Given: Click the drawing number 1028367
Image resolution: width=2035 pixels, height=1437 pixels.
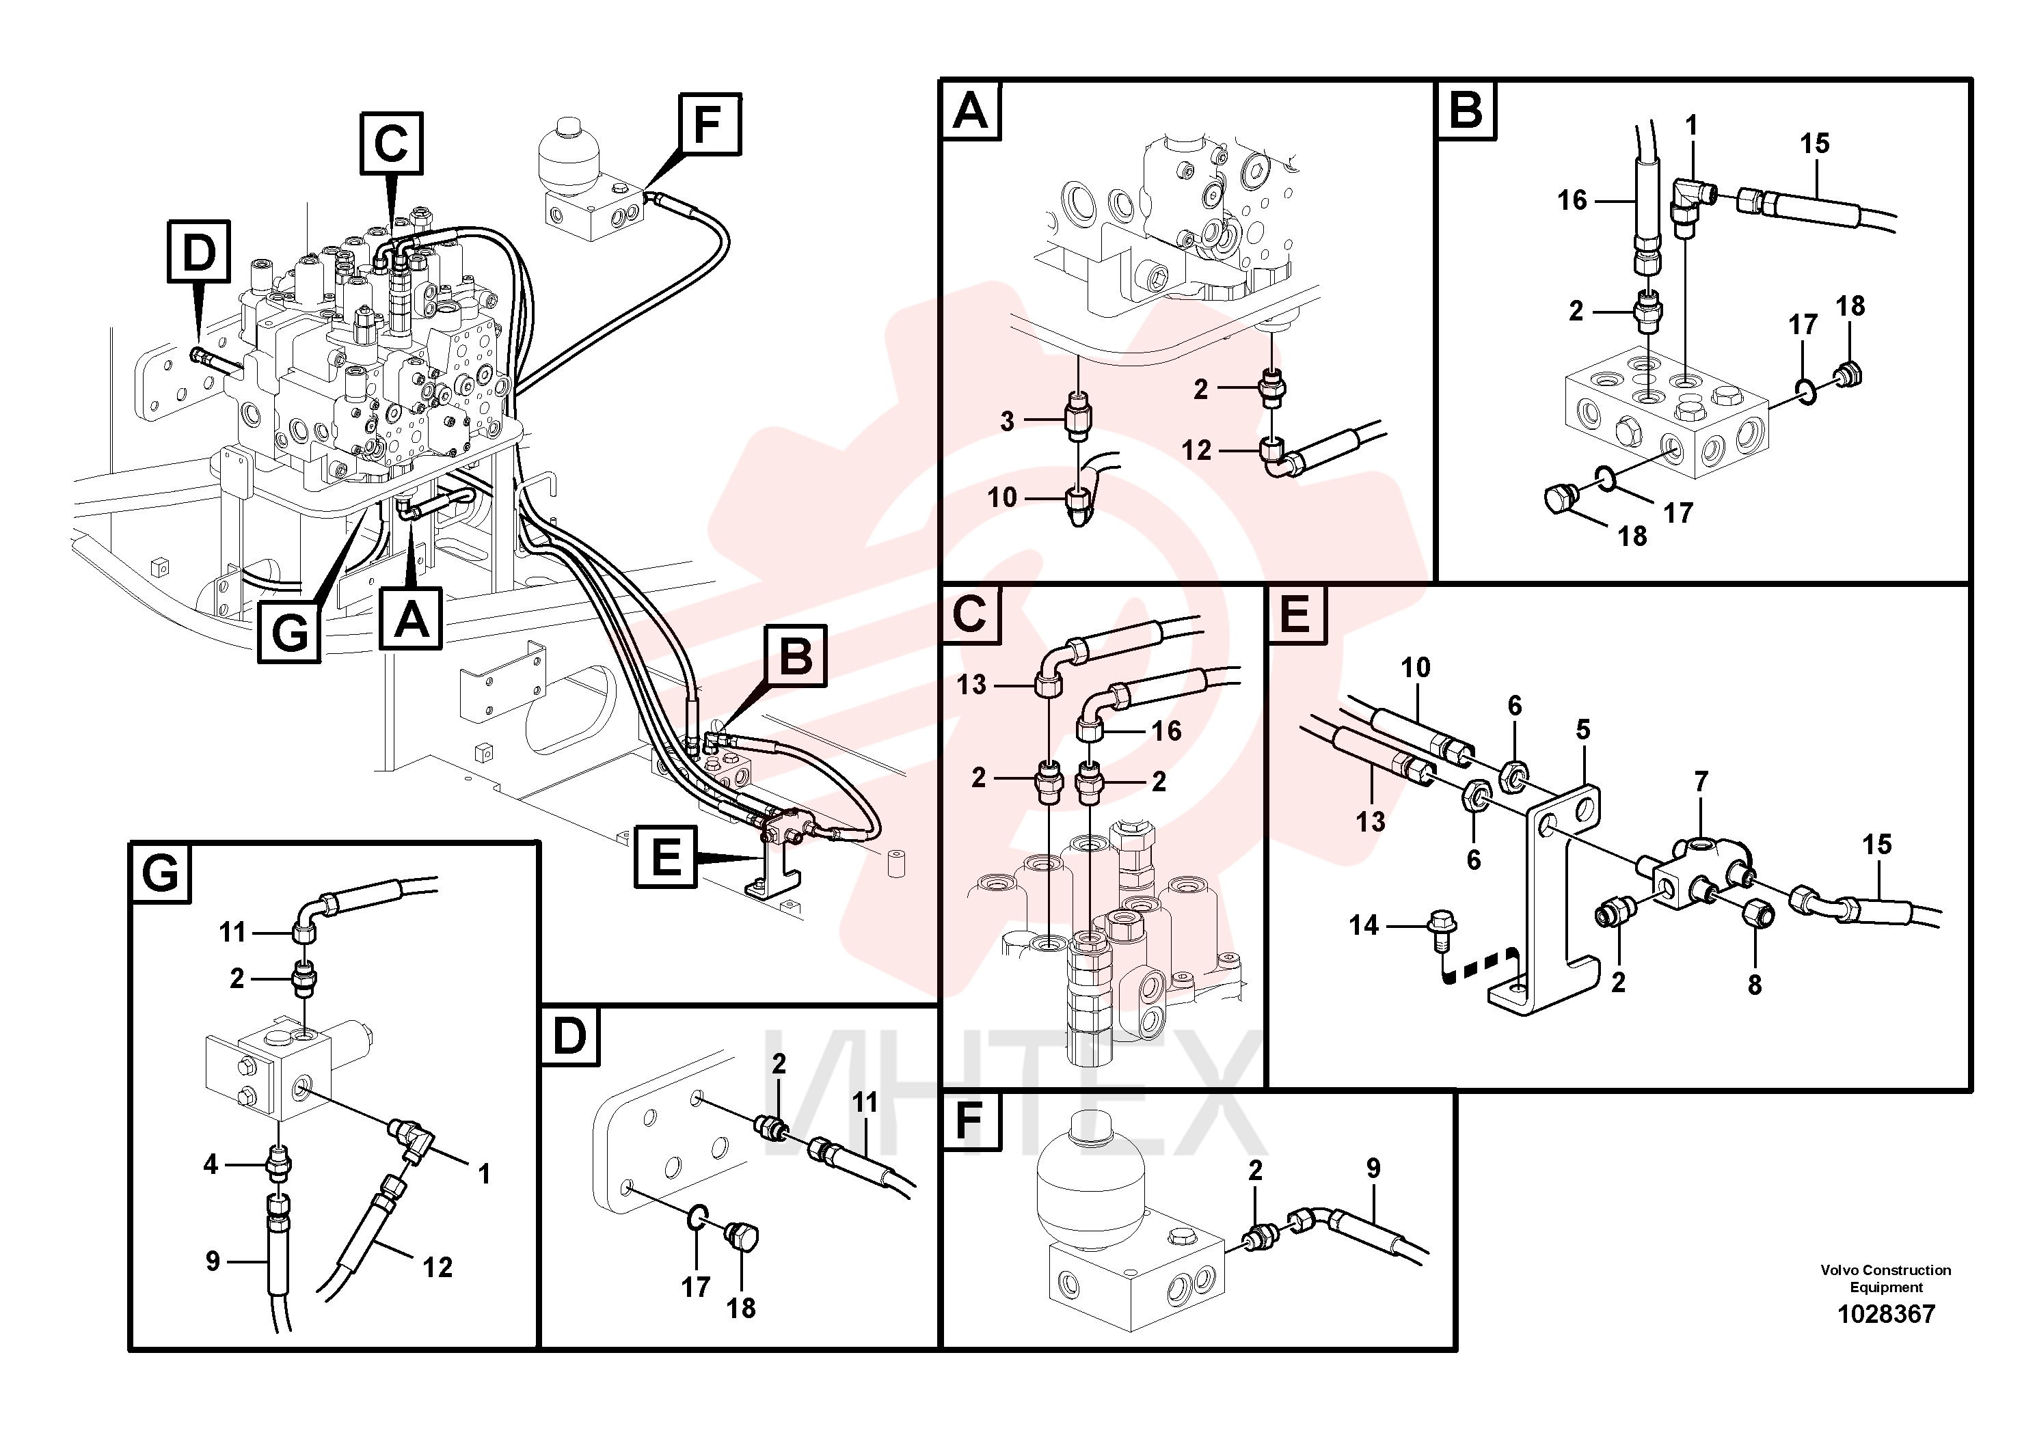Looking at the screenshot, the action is pyautogui.click(x=1886, y=1314).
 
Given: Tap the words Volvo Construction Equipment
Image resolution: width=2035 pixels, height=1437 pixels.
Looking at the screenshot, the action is pyautogui.click(x=1885, y=1278).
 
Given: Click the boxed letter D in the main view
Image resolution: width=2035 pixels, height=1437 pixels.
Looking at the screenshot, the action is pyautogui.click(x=198, y=251).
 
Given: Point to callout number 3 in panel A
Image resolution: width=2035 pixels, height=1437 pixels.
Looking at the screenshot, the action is pyautogui.click(x=1007, y=421).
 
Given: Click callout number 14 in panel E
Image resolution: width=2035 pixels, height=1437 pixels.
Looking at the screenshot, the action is pyautogui.click(x=1364, y=926).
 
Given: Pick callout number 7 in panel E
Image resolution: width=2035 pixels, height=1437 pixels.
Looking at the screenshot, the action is pyautogui.click(x=1701, y=782).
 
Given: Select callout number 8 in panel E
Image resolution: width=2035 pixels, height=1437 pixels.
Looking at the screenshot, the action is pyautogui.click(x=1755, y=984).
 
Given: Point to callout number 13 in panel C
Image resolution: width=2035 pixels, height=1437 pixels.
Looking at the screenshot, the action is pyautogui.click(x=971, y=685).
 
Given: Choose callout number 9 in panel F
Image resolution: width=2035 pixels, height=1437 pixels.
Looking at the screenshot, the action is pyautogui.click(x=1373, y=1168).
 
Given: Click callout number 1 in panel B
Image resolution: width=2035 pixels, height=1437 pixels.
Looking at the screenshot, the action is pyautogui.click(x=1691, y=126).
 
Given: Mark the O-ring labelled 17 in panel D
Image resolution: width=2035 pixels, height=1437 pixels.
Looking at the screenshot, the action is pyautogui.click(x=697, y=1218).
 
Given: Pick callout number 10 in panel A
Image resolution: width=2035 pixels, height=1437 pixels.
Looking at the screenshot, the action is pyautogui.click(x=1002, y=498).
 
